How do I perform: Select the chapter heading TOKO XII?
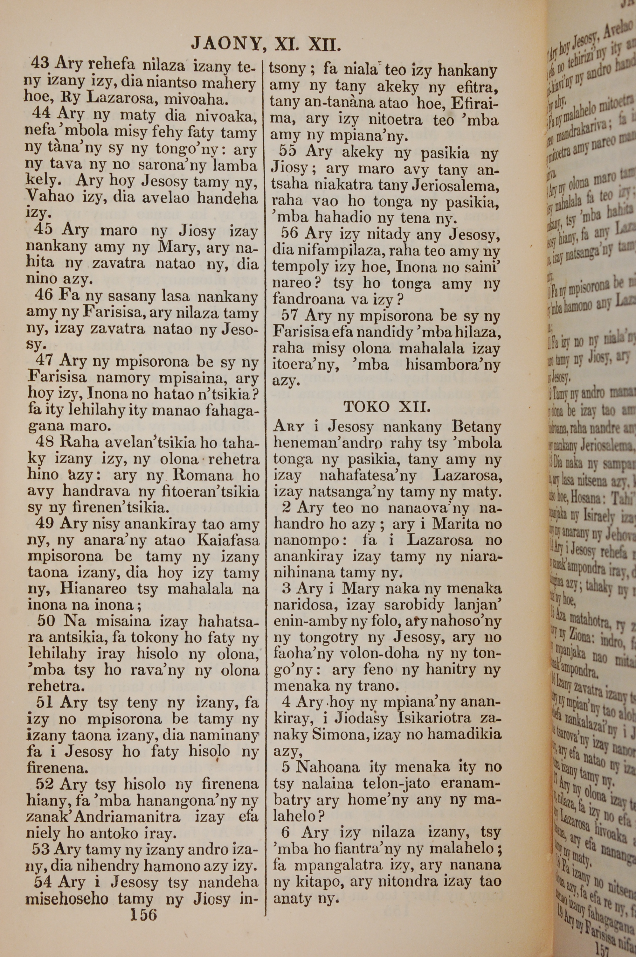(386, 407)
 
